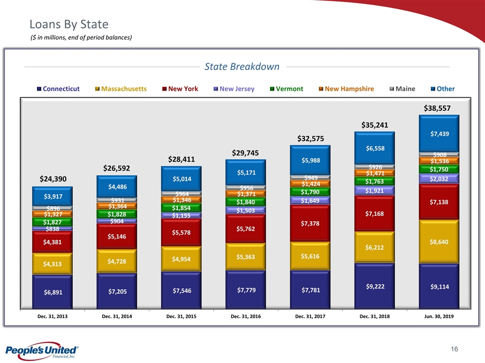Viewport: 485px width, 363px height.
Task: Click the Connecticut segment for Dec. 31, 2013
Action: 52,291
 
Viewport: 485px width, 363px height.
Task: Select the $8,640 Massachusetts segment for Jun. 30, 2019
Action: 439,241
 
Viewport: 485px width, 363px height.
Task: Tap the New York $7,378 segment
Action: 310,223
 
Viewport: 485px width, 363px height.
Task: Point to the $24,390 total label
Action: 53,179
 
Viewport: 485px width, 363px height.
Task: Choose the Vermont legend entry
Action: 286,89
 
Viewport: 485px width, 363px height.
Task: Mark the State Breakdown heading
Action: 241,67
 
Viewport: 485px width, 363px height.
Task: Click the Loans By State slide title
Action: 69,24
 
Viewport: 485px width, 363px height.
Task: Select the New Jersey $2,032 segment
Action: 439,178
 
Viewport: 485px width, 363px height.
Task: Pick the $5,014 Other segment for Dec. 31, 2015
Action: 181,178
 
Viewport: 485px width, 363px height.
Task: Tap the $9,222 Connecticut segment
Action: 374,286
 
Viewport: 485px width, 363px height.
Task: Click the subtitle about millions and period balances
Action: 81,37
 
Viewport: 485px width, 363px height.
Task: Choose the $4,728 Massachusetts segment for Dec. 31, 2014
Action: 117,261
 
